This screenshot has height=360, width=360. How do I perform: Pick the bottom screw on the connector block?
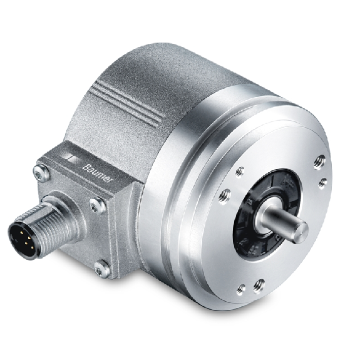pos(100,269)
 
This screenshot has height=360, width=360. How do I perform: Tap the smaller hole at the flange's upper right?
pos(322,183)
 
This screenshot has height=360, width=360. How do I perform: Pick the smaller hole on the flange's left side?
pos(240,170)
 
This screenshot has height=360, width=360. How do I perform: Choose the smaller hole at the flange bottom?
pos(241,289)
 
